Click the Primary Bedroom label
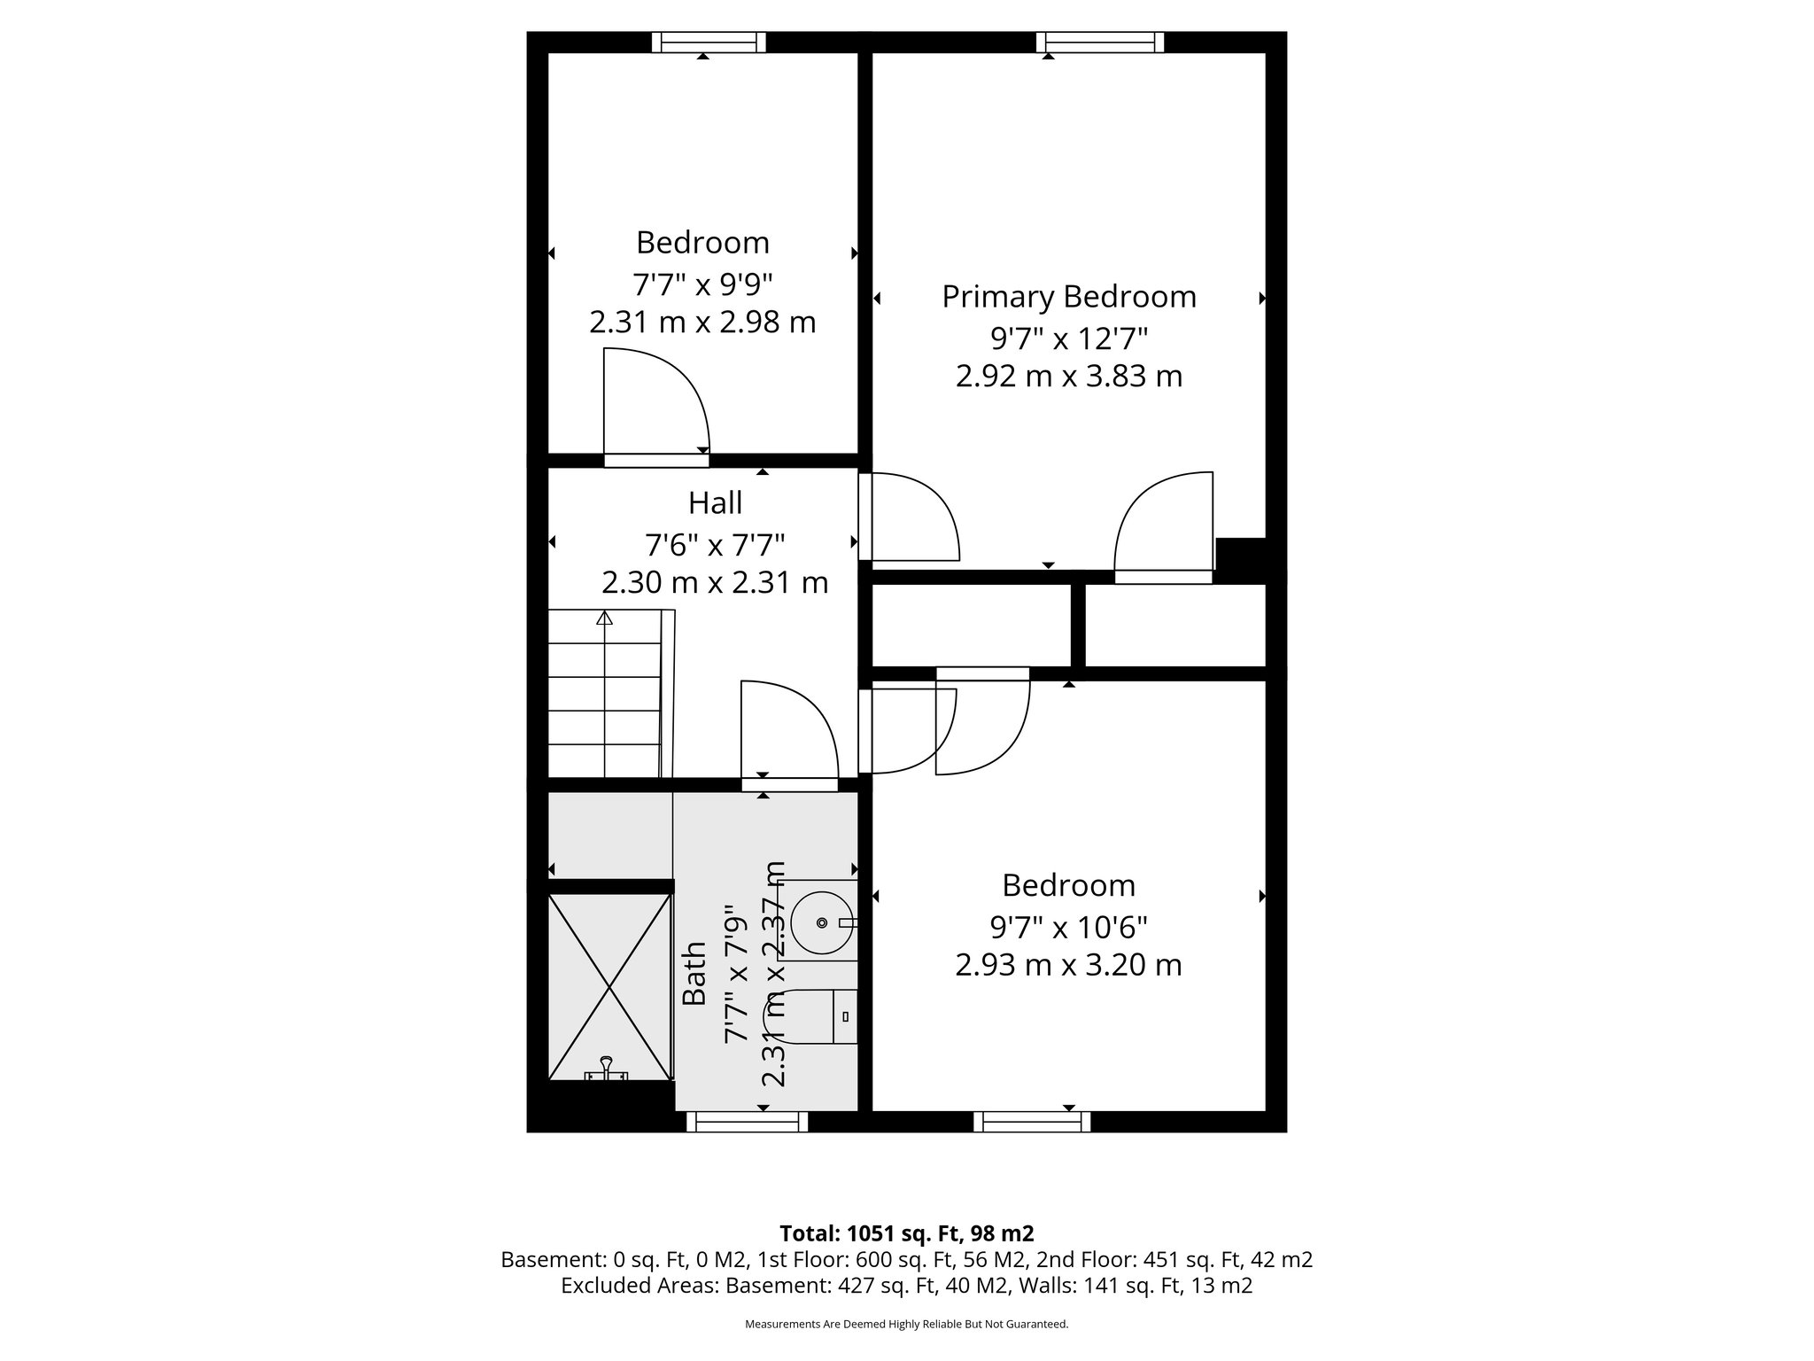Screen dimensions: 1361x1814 (1068, 297)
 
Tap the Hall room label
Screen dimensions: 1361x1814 (715, 503)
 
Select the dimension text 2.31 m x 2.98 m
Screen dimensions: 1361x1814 (702, 323)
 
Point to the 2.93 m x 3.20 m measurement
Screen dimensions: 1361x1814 (1068, 965)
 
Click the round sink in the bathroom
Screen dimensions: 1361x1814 (822, 922)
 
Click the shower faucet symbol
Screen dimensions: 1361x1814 (607, 1069)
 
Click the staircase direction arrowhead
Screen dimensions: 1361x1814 (605, 618)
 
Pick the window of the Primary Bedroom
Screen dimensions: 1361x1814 (1099, 42)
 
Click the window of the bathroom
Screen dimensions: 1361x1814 (747, 1122)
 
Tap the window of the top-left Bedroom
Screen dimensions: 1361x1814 (709, 42)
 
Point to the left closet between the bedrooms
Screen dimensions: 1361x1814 (971, 626)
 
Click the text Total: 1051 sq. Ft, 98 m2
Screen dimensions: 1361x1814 (906, 1233)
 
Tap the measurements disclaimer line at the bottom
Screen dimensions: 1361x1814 (906, 1324)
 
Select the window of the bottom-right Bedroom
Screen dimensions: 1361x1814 (1032, 1122)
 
